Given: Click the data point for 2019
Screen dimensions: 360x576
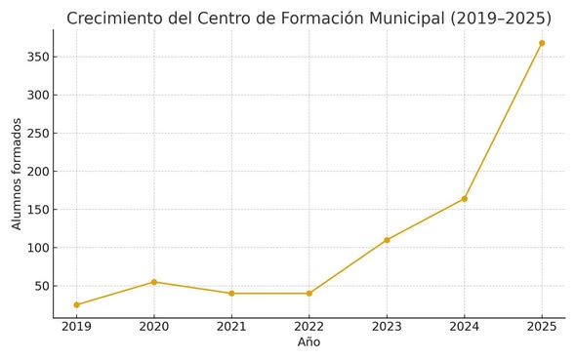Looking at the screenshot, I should coord(76,305).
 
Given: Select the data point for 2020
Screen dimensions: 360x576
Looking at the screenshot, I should coord(154,282).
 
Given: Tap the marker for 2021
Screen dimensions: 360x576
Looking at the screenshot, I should coord(231,294).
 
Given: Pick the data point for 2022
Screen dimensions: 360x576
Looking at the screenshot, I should coord(309,294).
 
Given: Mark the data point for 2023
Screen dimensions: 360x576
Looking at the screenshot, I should coord(387,240).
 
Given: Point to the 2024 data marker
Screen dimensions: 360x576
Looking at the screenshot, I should coord(465,199).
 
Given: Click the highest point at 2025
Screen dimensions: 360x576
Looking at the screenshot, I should coord(542,43).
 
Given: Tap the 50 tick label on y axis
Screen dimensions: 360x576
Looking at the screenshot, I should coord(38,286).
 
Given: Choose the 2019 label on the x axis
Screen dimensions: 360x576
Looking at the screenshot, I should coord(76,327).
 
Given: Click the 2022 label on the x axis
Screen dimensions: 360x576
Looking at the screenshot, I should coord(309,327).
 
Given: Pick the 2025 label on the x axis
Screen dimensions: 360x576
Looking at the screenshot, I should coord(542,327).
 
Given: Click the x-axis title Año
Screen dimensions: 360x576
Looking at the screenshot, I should coord(309,343).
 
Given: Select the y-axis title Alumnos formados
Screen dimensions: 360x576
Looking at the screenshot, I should coord(17,174).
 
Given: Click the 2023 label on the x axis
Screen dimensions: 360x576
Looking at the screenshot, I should coord(387,327).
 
